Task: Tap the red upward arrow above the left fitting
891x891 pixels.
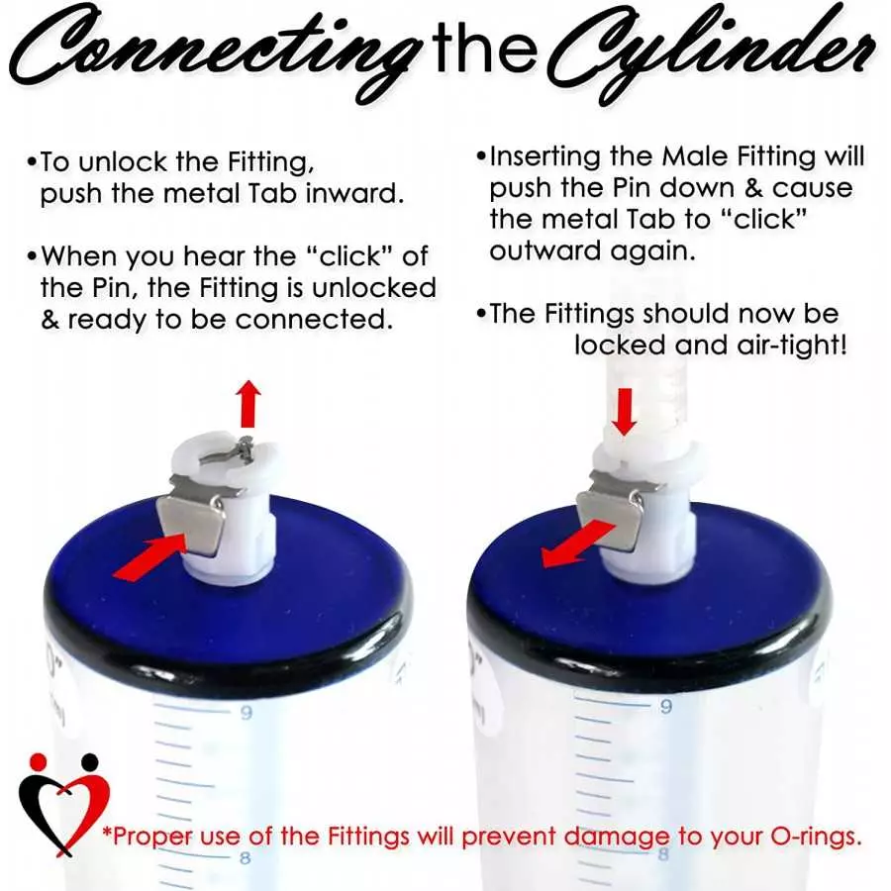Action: coord(249,404)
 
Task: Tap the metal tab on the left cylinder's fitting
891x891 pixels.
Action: coord(192,525)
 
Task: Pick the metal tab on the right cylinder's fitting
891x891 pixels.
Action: coord(610,520)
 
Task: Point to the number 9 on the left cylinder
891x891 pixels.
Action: coord(247,712)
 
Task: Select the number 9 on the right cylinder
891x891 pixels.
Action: coord(666,706)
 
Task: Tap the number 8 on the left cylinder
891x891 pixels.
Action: coord(245,857)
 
